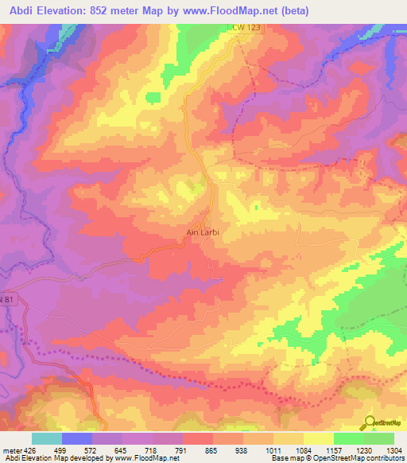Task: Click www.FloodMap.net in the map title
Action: point(225,10)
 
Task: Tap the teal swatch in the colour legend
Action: point(47,438)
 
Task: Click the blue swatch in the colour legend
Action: point(77,438)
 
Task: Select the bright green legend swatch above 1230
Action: point(348,438)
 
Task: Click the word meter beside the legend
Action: point(11,449)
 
